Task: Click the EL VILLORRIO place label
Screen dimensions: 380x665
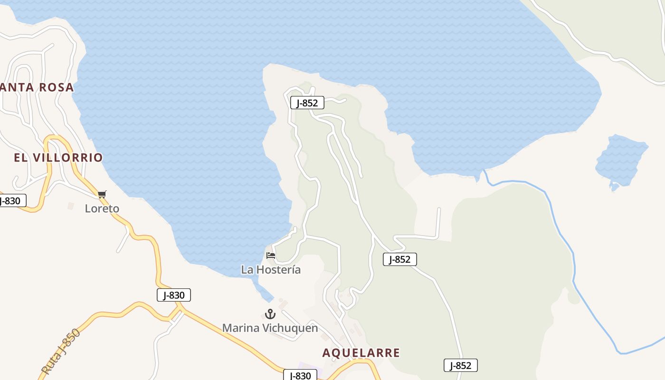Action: (x=58, y=158)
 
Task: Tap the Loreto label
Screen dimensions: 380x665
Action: (x=102, y=209)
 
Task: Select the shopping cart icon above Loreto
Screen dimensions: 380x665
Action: (x=102, y=194)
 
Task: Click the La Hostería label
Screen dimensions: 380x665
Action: (x=271, y=270)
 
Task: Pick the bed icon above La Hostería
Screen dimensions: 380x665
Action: (x=271, y=256)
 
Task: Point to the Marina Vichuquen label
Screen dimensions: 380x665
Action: (x=270, y=328)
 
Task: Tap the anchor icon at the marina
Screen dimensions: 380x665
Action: (x=270, y=314)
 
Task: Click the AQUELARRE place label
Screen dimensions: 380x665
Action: (x=361, y=353)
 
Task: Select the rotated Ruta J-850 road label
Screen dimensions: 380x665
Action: (x=61, y=351)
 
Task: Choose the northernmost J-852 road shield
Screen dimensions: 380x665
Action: (x=307, y=103)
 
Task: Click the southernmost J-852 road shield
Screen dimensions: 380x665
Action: (x=460, y=365)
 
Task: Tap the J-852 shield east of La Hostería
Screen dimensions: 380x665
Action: (x=399, y=259)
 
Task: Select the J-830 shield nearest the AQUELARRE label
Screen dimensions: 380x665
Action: (x=300, y=375)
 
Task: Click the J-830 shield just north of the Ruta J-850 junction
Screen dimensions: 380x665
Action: (x=174, y=295)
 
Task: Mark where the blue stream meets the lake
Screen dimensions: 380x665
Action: (x=484, y=172)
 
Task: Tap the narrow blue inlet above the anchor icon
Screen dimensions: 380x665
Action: (x=263, y=290)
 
